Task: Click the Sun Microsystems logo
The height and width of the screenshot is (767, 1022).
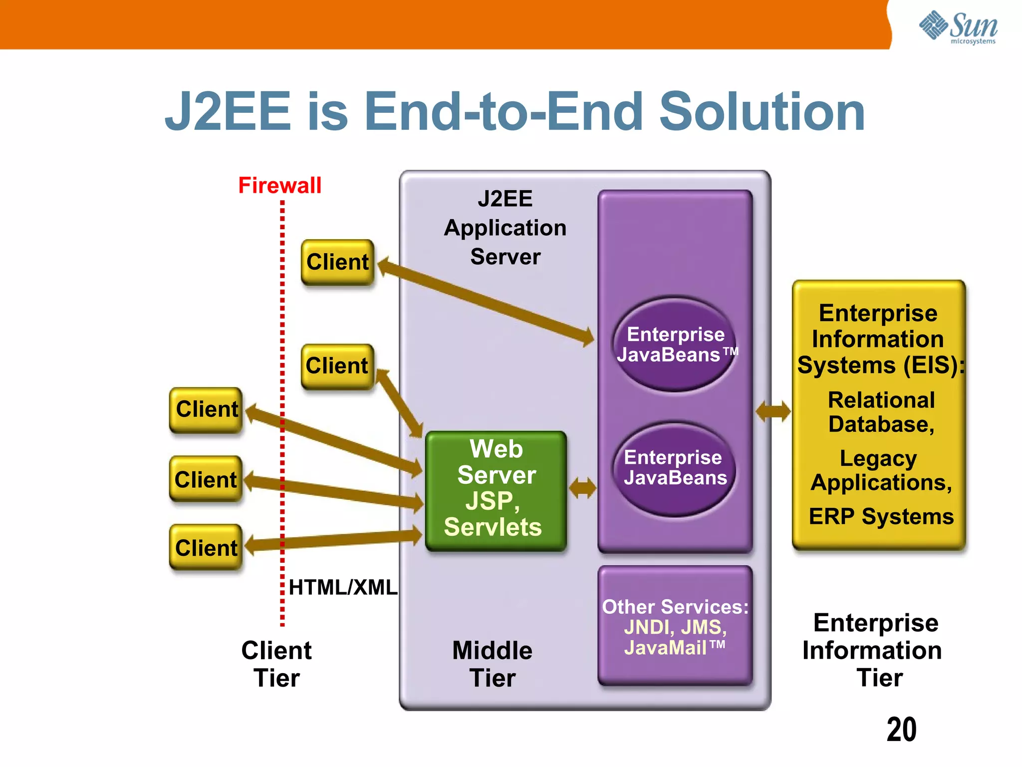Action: [958, 27]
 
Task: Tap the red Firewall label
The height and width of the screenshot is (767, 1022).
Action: [279, 185]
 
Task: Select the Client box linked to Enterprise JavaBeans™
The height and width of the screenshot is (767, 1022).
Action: [337, 262]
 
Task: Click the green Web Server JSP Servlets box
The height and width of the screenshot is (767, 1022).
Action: [496, 490]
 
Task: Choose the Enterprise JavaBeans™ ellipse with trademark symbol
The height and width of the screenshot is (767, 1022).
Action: [675, 344]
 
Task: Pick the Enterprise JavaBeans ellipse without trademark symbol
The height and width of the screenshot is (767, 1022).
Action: [675, 468]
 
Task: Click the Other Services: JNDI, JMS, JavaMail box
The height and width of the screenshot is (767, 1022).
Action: [675, 626]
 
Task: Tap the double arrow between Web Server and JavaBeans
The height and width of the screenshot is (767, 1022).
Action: [582, 488]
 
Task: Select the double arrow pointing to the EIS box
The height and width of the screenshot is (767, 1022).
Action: [772, 411]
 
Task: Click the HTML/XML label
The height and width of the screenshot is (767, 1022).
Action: [343, 587]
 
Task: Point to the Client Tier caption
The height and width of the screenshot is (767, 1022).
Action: [276, 664]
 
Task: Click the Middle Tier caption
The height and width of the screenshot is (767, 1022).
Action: [492, 664]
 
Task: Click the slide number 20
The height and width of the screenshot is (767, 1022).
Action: [901, 730]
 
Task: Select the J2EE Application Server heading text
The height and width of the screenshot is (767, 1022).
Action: [505, 228]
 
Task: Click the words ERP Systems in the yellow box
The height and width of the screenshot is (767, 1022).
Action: [881, 516]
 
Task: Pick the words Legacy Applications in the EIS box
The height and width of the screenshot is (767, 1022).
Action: [880, 470]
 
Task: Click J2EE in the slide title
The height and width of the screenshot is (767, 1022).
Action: [228, 112]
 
